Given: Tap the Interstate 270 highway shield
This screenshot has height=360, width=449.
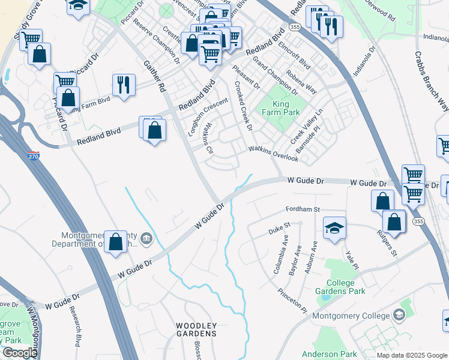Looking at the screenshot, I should point(34,156).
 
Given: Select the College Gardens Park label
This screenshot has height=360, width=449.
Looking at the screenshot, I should point(345,287).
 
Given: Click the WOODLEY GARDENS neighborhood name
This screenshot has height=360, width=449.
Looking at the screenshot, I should point(196,329).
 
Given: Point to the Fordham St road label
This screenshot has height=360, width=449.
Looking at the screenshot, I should point(302,209).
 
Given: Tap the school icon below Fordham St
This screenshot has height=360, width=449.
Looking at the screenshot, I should point(334,228).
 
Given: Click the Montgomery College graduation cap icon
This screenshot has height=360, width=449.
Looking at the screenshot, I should point(399,315).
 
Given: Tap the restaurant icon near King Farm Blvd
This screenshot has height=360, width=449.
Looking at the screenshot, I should point(124,85).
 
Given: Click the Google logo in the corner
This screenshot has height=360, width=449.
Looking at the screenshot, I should point(19,353).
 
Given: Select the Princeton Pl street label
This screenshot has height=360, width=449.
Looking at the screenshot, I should point(292,301).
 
